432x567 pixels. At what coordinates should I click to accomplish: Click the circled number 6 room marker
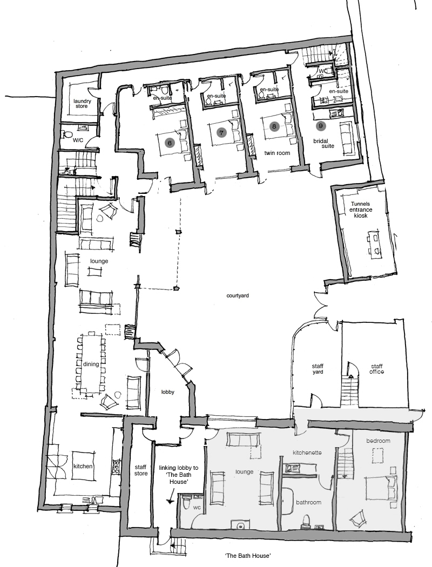pyautogui.click(x=169, y=143)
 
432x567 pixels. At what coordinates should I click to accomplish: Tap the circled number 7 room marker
pyautogui.click(x=221, y=133)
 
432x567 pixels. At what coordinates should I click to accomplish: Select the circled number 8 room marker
pyautogui.click(x=274, y=126)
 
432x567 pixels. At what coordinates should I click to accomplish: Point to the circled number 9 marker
pyautogui.click(x=320, y=126)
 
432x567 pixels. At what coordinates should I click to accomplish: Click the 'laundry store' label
pyautogui.click(x=82, y=104)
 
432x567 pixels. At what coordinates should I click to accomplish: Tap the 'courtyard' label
pyautogui.click(x=238, y=295)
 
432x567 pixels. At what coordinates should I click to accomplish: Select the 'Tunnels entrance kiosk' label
pyautogui.click(x=360, y=210)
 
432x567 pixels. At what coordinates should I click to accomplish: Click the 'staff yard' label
pyautogui.click(x=318, y=369)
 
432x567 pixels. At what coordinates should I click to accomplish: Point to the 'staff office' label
pyautogui.click(x=376, y=369)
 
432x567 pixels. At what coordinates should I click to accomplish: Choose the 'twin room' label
pyautogui.click(x=277, y=153)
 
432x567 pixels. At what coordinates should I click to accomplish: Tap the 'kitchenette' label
pyautogui.click(x=307, y=453)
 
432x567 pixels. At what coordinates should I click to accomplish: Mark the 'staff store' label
pyautogui.click(x=140, y=470)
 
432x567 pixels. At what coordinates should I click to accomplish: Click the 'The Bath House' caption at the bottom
pyautogui.click(x=248, y=555)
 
